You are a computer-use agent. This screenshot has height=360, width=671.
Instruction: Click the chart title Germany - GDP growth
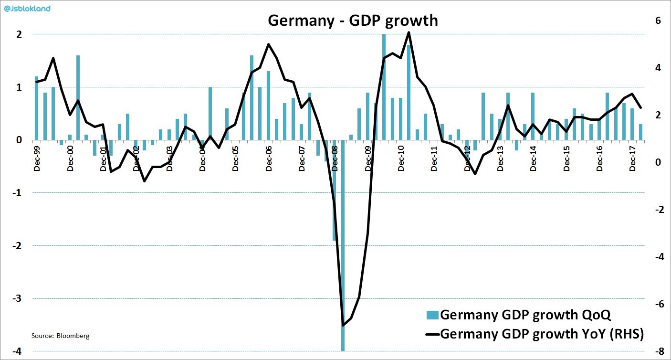(x=353, y=21)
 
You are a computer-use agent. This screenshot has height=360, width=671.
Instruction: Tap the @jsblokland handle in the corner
(x=27, y=8)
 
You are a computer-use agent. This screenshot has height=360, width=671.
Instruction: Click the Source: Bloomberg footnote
(x=60, y=336)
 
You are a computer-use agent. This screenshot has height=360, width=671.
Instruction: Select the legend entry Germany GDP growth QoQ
(x=525, y=315)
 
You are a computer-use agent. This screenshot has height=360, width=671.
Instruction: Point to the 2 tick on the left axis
(x=19, y=34)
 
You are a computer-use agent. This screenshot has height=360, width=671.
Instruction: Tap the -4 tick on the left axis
(x=17, y=352)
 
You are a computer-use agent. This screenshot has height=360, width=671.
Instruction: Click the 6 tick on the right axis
(x=658, y=21)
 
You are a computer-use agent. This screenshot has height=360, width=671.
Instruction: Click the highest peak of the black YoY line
(x=409, y=32)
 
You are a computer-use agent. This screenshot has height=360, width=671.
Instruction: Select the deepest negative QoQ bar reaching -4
(x=343, y=286)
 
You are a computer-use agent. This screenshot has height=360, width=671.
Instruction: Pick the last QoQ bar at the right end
(x=640, y=132)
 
